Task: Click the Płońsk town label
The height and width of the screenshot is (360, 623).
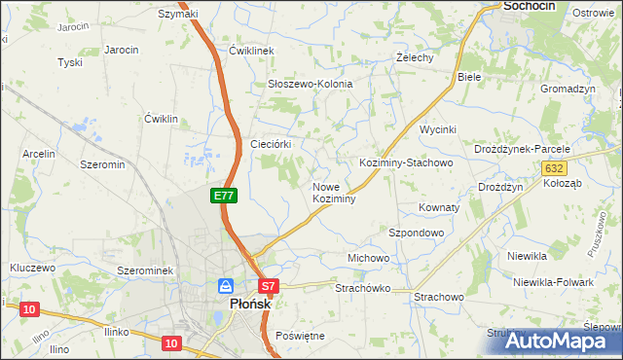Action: pyautogui.click(x=242, y=304)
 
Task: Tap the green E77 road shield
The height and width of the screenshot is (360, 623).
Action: pyautogui.click(x=224, y=196)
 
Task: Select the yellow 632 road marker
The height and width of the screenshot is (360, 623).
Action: pyautogui.click(x=554, y=168)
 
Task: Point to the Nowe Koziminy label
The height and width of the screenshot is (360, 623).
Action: pyautogui.click(x=333, y=192)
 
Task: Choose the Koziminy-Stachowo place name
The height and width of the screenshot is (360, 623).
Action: pyautogui.click(x=406, y=163)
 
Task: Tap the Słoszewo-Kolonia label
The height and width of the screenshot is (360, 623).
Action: pyautogui.click(x=310, y=85)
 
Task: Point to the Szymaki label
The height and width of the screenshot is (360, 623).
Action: pyautogui.click(x=177, y=14)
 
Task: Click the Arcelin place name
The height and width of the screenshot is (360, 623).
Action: pyautogui.click(x=40, y=154)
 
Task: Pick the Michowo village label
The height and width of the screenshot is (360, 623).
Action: pyautogui.click(x=368, y=258)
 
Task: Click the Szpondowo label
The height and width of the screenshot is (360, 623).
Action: pyautogui.click(x=417, y=234)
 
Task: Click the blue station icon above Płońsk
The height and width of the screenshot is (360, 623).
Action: pyautogui.click(x=226, y=286)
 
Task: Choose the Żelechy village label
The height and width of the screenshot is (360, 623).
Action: pyautogui.click(x=413, y=57)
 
